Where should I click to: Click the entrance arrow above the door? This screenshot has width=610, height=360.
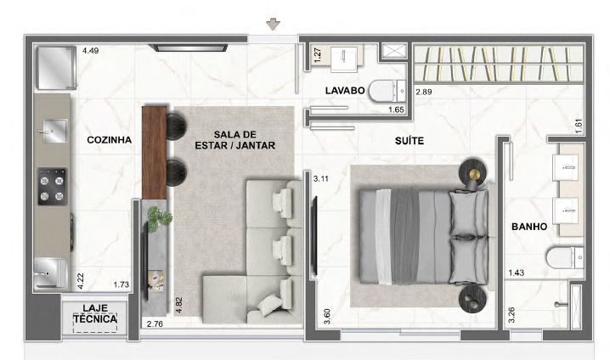(x=273, y=24)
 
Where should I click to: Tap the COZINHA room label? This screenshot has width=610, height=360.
(x=110, y=140)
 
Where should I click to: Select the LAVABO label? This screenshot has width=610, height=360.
(x=345, y=91)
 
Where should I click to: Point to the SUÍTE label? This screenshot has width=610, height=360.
(x=409, y=141)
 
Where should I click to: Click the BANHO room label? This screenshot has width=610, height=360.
(x=529, y=227)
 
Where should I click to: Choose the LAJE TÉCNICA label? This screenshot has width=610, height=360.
(x=95, y=314)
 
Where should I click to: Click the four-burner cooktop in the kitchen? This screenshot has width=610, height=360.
(x=52, y=187)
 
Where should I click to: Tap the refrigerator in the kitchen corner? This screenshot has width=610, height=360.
(x=56, y=68)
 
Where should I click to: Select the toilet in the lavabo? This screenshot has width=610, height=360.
(x=387, y=92)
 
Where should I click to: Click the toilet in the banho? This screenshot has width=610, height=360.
(x=565, y=258)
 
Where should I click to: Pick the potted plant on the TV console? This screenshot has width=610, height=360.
(x=159, y=217)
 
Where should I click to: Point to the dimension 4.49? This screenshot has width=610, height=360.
(x=90, y=51)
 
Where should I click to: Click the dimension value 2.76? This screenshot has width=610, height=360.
(x=155, y=323)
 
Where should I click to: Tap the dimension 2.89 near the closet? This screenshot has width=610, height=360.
(x=424, y=93)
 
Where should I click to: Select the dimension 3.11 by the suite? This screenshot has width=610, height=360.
(x=321, y=179)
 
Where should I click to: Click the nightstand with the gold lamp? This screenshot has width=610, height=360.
(x=473, y=172)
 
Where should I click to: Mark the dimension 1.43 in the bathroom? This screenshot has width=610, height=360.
(x=517, y=273)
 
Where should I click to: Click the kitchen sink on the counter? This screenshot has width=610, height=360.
(x=53, y=131)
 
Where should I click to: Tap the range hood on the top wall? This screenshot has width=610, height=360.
(x=188, y=48)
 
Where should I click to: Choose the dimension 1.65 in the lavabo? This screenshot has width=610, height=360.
(x=396, y=110)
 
